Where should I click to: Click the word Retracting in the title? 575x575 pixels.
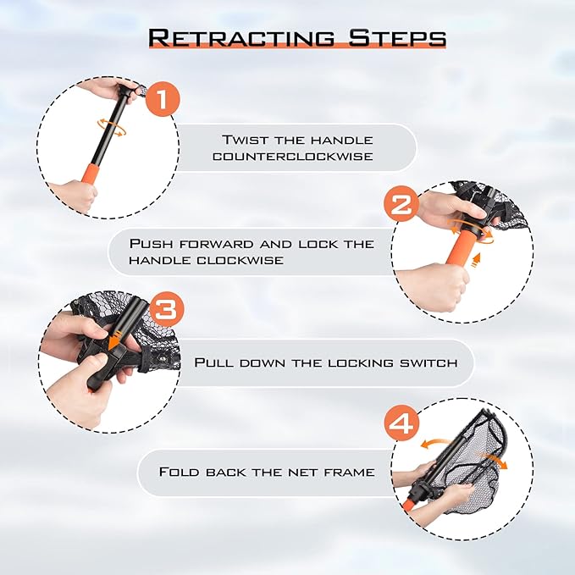(240, 38)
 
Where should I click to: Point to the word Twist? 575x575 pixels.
(246, 140)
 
